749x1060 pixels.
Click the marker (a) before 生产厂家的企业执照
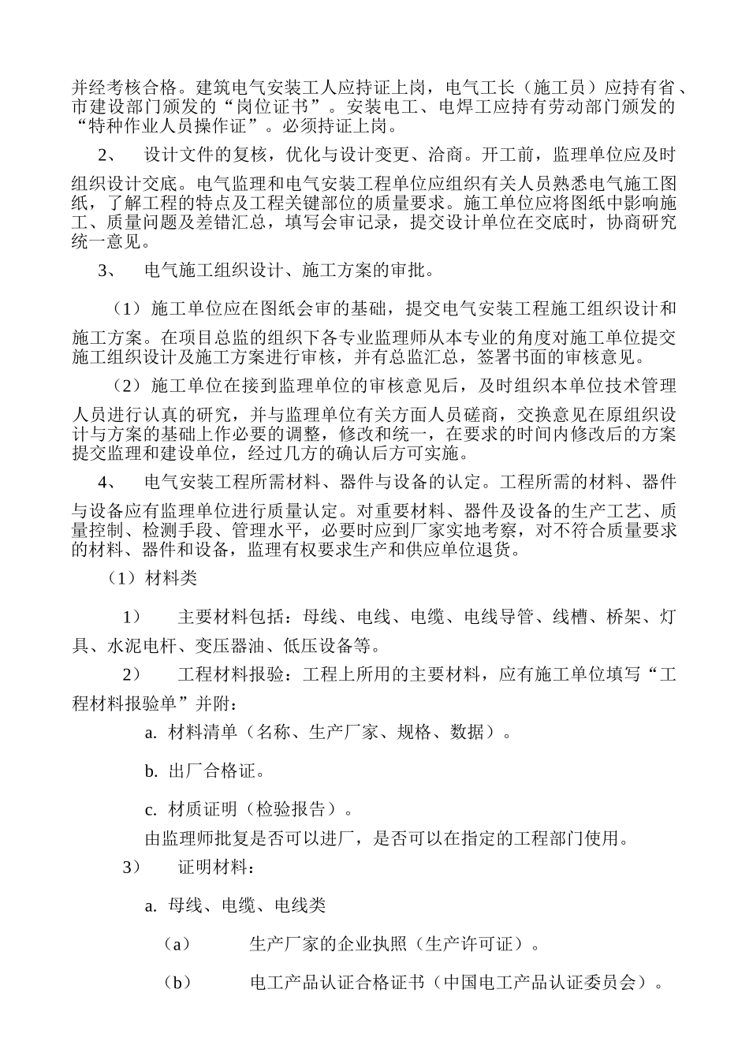click(x=177, y=944)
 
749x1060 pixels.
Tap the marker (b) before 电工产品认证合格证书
click(x=177, y=983)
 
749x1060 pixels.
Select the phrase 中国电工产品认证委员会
click(x=539, y=983)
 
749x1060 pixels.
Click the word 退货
click(x=501, y=550)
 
